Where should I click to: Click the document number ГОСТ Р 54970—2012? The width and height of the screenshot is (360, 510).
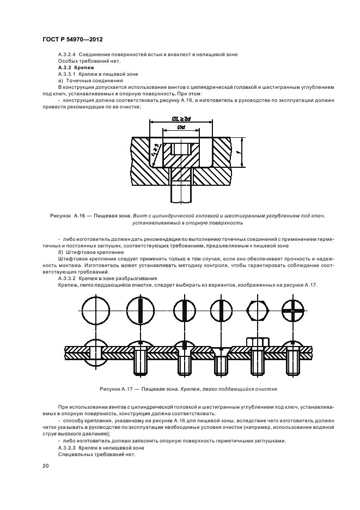[72, 40]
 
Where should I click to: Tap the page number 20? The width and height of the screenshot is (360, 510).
[45, 466]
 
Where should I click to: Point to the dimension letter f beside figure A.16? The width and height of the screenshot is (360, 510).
[240, 153]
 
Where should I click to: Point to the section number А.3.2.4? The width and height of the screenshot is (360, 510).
[68, 54]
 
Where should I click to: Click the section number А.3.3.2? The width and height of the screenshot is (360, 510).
[68, 278]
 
